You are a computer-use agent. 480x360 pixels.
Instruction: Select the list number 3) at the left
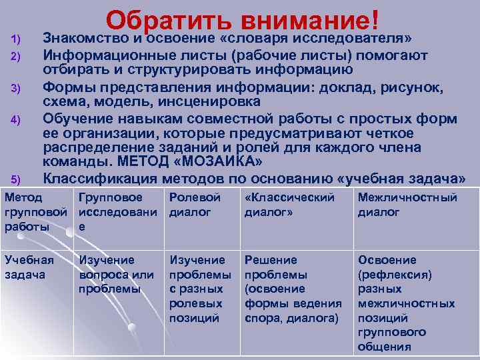pyautogui.click(x=17, y=89)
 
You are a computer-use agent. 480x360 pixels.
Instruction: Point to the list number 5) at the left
pyautogui.click(x=17, y=179)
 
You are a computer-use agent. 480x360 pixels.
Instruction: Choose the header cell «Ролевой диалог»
pyautogui.click(x=195, y=205)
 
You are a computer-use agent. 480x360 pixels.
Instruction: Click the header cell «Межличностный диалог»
pyautogui.click(x=407, y=205)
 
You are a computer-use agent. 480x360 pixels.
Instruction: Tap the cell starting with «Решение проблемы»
pyautogui.click(x=293, y=289)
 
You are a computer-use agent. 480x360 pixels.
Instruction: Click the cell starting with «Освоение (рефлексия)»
pyautogui.click(x=406, y=303)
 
